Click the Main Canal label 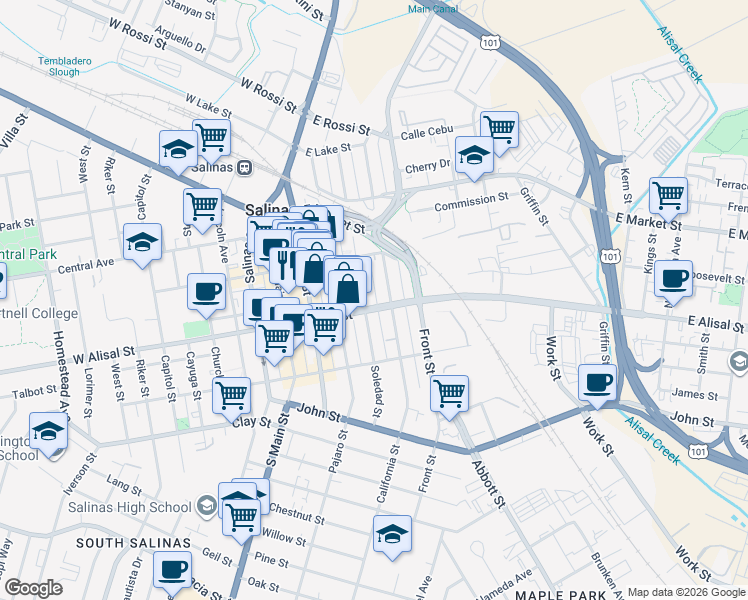point(433,9)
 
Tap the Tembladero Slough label point(64,67)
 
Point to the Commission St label point(471,200)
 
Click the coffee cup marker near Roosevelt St point(673,277)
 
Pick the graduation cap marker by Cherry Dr point(474,154)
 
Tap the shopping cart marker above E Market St point(668,194)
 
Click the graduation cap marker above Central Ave point(142,241)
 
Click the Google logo point(33,588)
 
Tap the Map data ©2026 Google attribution point(686,592)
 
